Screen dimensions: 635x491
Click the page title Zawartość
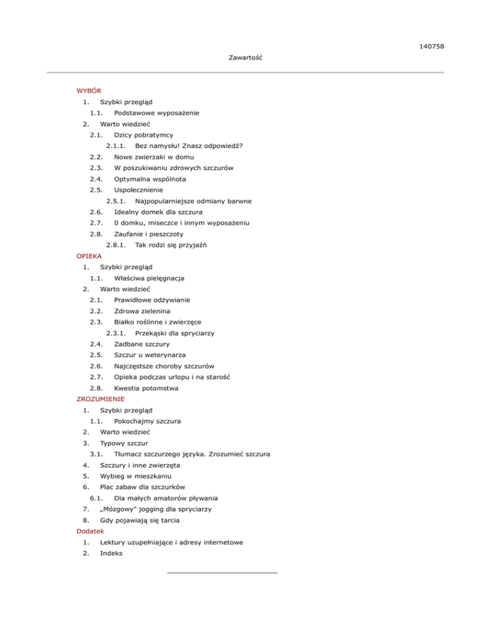click(246, 58)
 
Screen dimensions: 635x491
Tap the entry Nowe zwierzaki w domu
click(154, 157)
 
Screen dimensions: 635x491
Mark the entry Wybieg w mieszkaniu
click(138, 476)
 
